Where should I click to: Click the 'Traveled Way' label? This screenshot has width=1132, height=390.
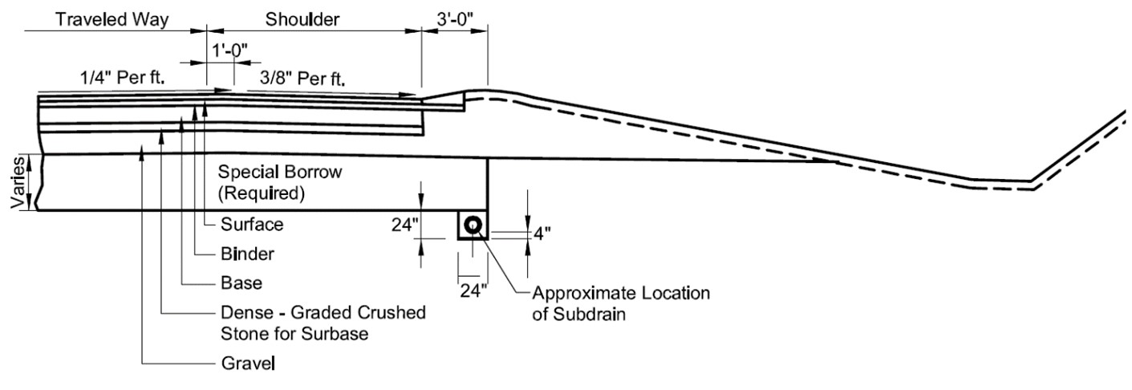[112, 20]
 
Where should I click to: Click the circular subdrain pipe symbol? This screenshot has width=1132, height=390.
[473, 225]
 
